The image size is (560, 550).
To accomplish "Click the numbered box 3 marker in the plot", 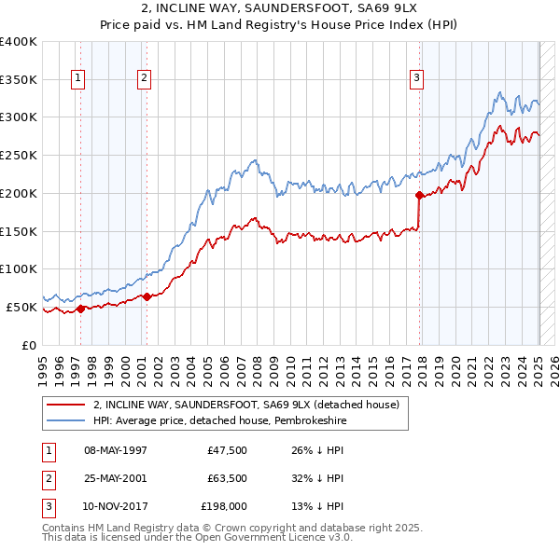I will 416,78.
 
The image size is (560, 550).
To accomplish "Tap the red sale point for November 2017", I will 419,195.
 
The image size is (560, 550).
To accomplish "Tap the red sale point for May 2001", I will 147,296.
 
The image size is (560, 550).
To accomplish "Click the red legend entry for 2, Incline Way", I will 245,405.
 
